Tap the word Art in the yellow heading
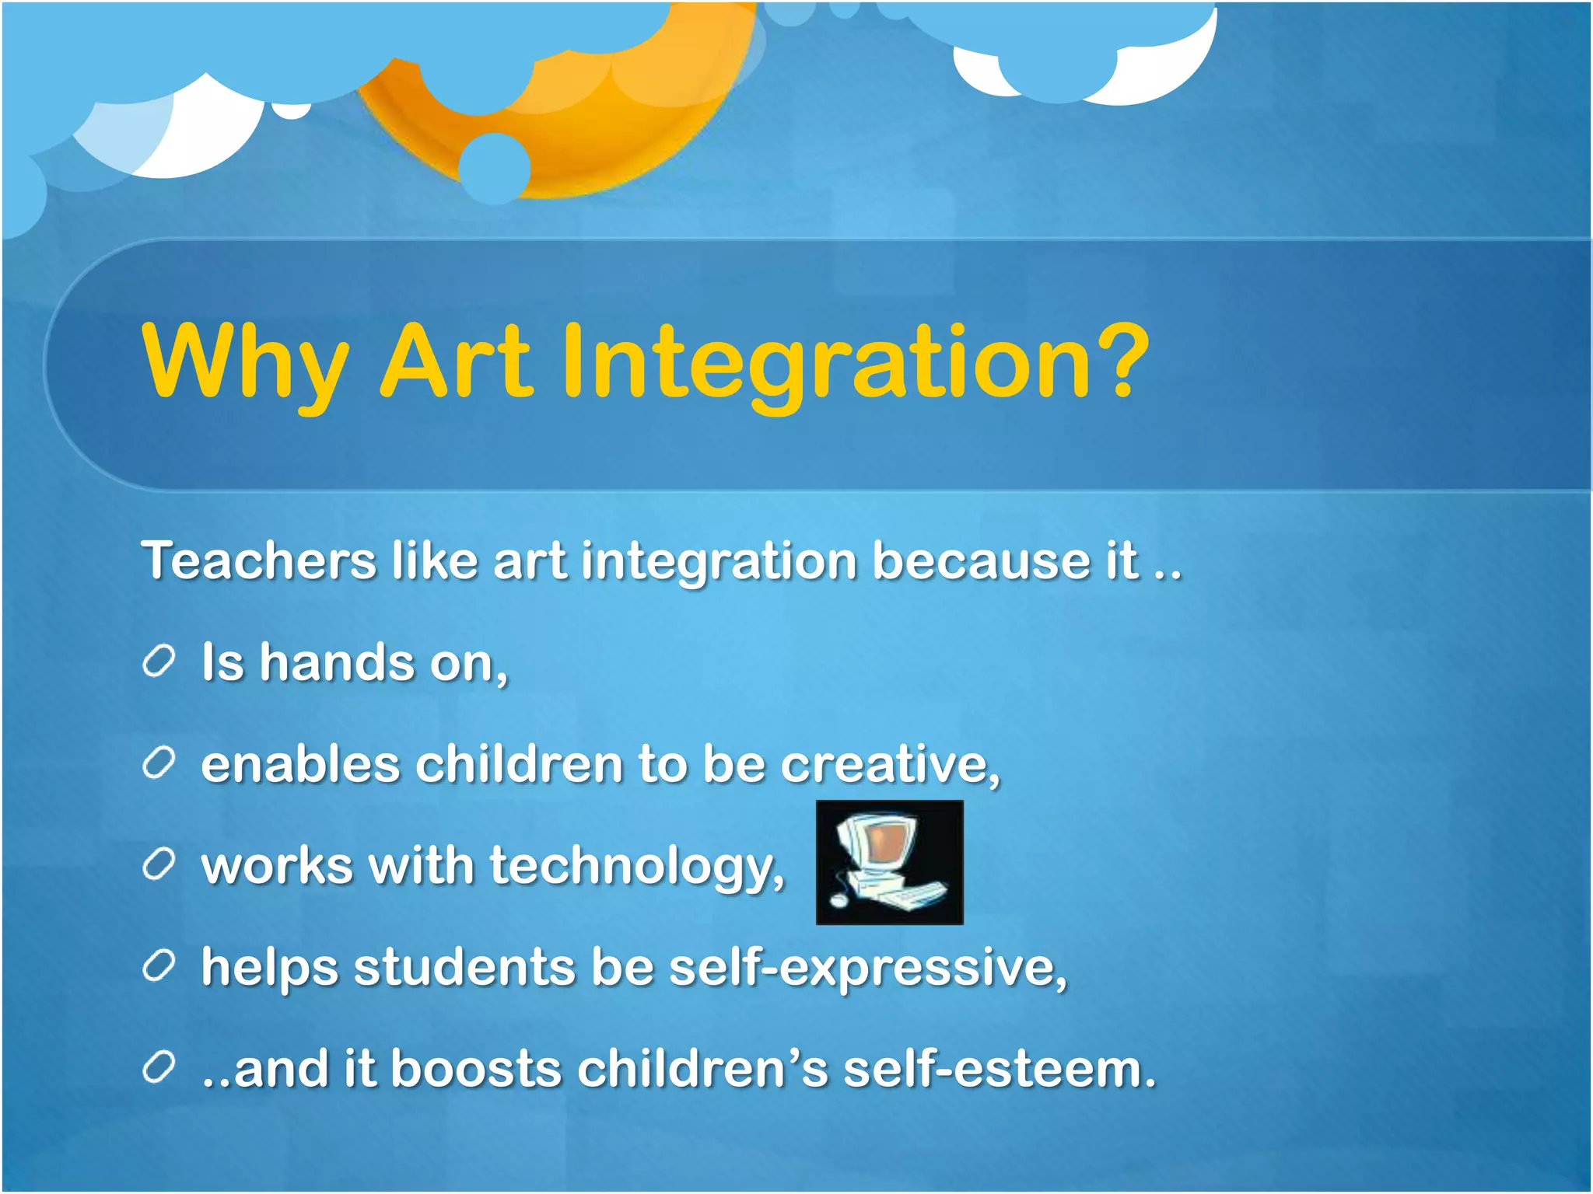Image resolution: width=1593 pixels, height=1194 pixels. pyautogui.click(x=456, y=361)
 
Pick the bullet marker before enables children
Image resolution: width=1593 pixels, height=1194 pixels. pyautogui.click(x=159, y=763)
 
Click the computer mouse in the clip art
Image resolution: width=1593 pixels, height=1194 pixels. pyautogui.click(x=838, y=900)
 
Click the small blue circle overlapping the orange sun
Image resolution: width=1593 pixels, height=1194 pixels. pyautogui.click(x=495, y=168)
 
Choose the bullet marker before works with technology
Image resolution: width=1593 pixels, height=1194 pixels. pyautogui.click(x=159, y=865)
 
